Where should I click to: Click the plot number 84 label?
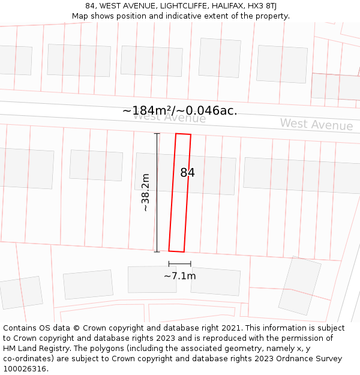point(187,173)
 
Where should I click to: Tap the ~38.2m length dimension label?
point(145,193)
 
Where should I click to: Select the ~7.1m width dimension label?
point(179,276)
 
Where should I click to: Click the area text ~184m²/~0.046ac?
point(179,111)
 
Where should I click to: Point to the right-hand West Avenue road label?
point(316,124)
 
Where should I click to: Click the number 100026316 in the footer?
point(25,369)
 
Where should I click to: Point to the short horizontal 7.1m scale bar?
point(179,263)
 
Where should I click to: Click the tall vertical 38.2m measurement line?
point(157,193)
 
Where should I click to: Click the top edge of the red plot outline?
point(183,134)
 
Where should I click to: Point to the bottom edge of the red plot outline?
point(176,251)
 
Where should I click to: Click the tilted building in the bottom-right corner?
point(299,286)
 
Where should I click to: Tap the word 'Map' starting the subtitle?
point(81,16)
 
